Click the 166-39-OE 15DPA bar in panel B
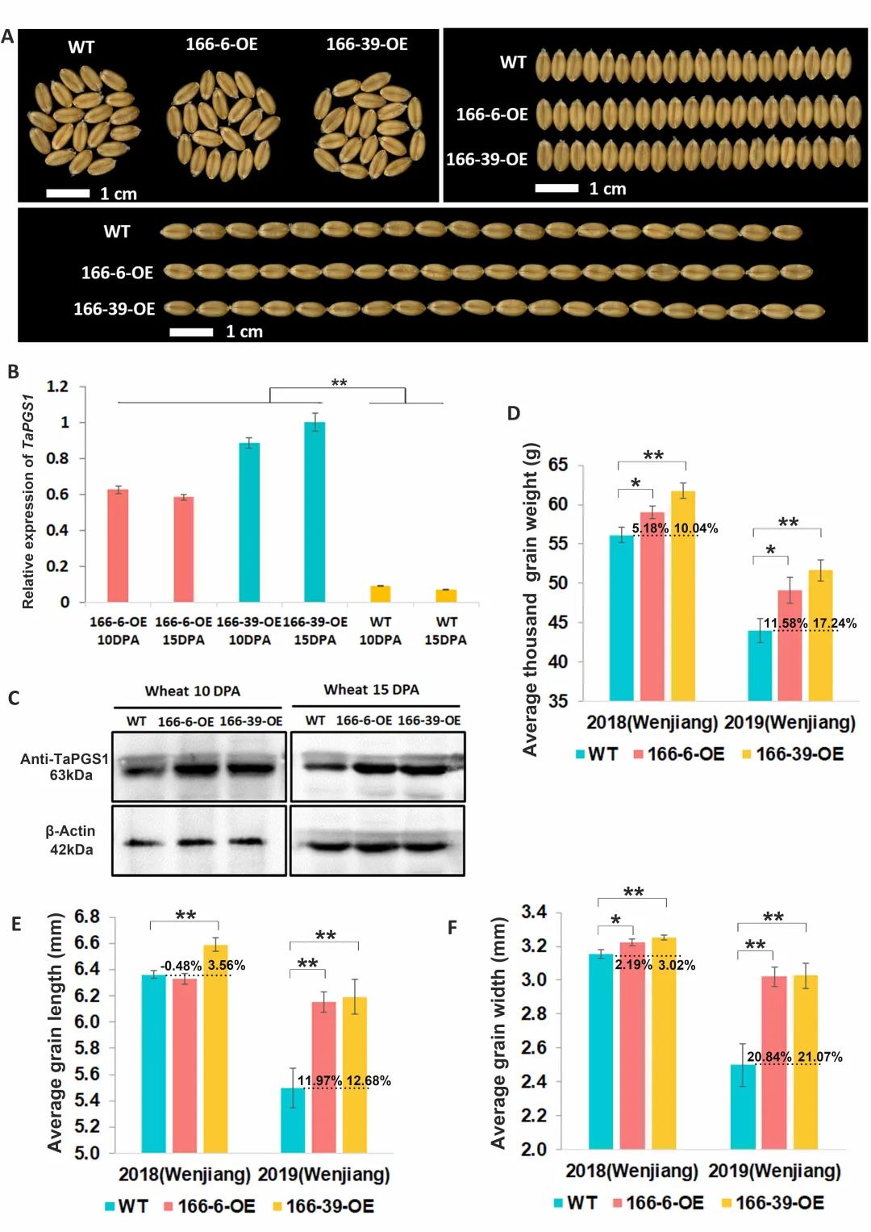click(315, 512)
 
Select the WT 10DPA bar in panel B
click(380, 594)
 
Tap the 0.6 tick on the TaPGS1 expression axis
click(58, 494)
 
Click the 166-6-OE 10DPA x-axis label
click(118, 631)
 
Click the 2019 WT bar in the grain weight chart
click(760, 666)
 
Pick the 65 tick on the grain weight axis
click(558, 465)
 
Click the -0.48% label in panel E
click(181, 966)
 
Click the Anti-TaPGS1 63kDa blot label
click(65, 766)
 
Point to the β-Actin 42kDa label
click(70, 840)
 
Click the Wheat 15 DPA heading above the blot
click(371, 690)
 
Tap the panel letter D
click(514, 413)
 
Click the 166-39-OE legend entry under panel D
click(793, 754)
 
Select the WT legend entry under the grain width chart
click(575, 1203)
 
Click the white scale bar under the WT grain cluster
click(68, 194)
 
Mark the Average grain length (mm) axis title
click(55, 1033)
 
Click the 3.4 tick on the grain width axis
click(534, 913)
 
